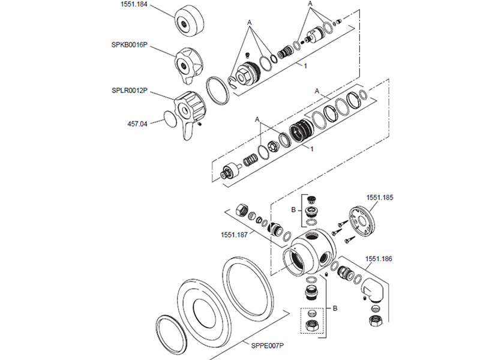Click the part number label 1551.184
(x=134, y=4)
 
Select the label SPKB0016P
(x=129, y=44)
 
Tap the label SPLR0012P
(x=130, y=91)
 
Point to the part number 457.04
(x=137, y=124)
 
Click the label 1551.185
(x=380, y=197)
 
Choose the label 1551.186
(x=379, y=259)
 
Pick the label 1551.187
(x=234, y=235)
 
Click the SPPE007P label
(x=267, y=346)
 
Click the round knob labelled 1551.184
(x=189, y=21)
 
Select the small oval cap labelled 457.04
(x=170, y=118)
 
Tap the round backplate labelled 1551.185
(x=362, y=222)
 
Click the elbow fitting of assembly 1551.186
(x=372, y=290)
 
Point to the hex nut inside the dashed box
(x=312, y=325)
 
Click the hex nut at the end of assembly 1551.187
(x=242, y=210)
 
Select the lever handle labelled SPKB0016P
(x=188, y=65)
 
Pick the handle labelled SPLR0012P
(x=190, y=113)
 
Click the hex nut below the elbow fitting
(x=374, y=320)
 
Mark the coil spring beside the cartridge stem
(x=250, y=159)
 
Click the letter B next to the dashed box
(x=335, y=308)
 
